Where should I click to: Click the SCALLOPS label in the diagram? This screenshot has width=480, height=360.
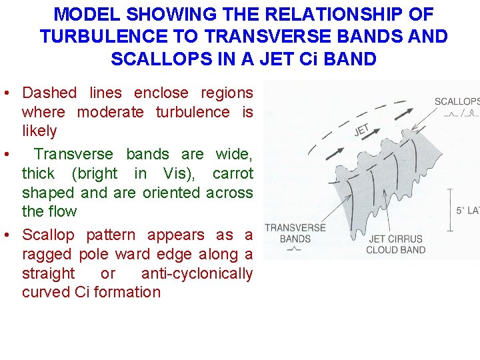(457, 101)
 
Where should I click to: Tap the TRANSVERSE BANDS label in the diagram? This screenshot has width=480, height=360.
(295, 233)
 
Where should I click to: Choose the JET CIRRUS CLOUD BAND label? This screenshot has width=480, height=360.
(396, 244)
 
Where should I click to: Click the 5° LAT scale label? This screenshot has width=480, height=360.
(467, 211)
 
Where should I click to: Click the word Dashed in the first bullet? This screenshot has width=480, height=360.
(49, 93)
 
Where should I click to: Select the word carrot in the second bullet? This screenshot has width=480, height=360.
(233, 173)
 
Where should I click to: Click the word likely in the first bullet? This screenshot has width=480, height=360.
(39, 131)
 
